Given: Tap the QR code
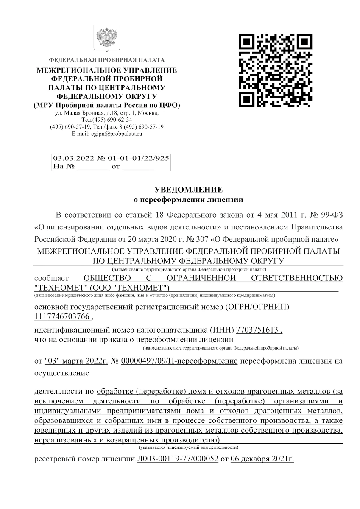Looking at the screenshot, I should point(273,70).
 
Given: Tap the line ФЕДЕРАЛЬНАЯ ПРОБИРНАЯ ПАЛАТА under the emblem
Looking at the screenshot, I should point(107,59).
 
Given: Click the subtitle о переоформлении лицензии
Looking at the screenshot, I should point(188,199).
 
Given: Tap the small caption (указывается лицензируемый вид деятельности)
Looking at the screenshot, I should point(188,447).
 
